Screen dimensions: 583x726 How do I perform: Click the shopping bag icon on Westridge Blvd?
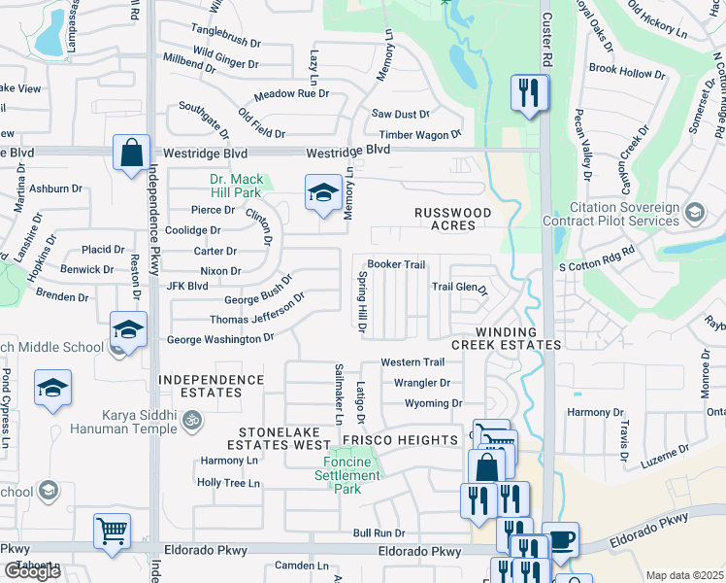click(x=131, y=154)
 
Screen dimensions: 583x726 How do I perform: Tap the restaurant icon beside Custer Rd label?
click(x=529, y=94)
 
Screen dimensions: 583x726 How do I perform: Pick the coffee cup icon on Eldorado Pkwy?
click(x=560, y=540)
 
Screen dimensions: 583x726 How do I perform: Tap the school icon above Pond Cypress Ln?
click(x=52, y=390)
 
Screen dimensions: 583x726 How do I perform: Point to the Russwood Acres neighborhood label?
click(x=452, y=219)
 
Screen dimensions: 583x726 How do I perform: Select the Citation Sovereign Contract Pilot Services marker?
click(x=694, y=212)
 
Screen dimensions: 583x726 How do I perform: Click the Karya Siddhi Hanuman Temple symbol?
click(x=191, y=420)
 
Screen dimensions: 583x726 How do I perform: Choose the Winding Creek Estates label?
click(x=506, y=338)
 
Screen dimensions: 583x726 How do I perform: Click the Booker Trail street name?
click(x=396, y=264)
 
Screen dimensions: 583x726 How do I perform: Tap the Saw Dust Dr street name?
click(x=401, y=115)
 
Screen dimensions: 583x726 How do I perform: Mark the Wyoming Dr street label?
click(x=433, y=403)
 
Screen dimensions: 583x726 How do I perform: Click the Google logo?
click(x=32, y=571)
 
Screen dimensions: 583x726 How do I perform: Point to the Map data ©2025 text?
click(x=684, y=575)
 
